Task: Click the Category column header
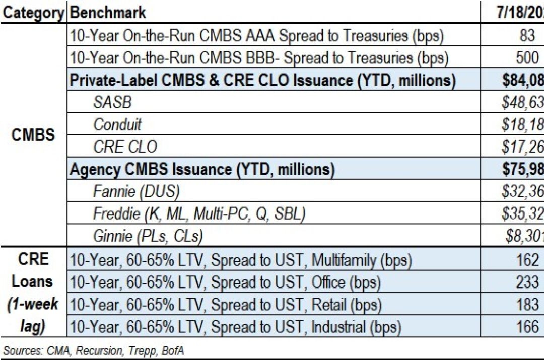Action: [x=33, y=12]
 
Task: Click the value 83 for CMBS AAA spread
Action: [x=527, y=36]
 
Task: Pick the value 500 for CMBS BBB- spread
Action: [x=527, y=58]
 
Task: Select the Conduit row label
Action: [x=117, y=124]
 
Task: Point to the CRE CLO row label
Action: [x=125, y=147]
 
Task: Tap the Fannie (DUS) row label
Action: [x=136, y=191]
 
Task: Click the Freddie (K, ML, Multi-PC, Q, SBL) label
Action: [x=199, y=213]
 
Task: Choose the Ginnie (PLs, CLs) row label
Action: [x=149, y=236]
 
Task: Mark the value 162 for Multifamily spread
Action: [x=527, y=260]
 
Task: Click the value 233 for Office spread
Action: [x=527, y=282]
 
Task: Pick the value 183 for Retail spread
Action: [x=527, y=304]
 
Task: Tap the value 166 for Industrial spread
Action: [x=527, y=326]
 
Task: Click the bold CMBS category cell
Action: [x=33, y=135]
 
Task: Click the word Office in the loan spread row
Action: [x=332, y=282]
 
